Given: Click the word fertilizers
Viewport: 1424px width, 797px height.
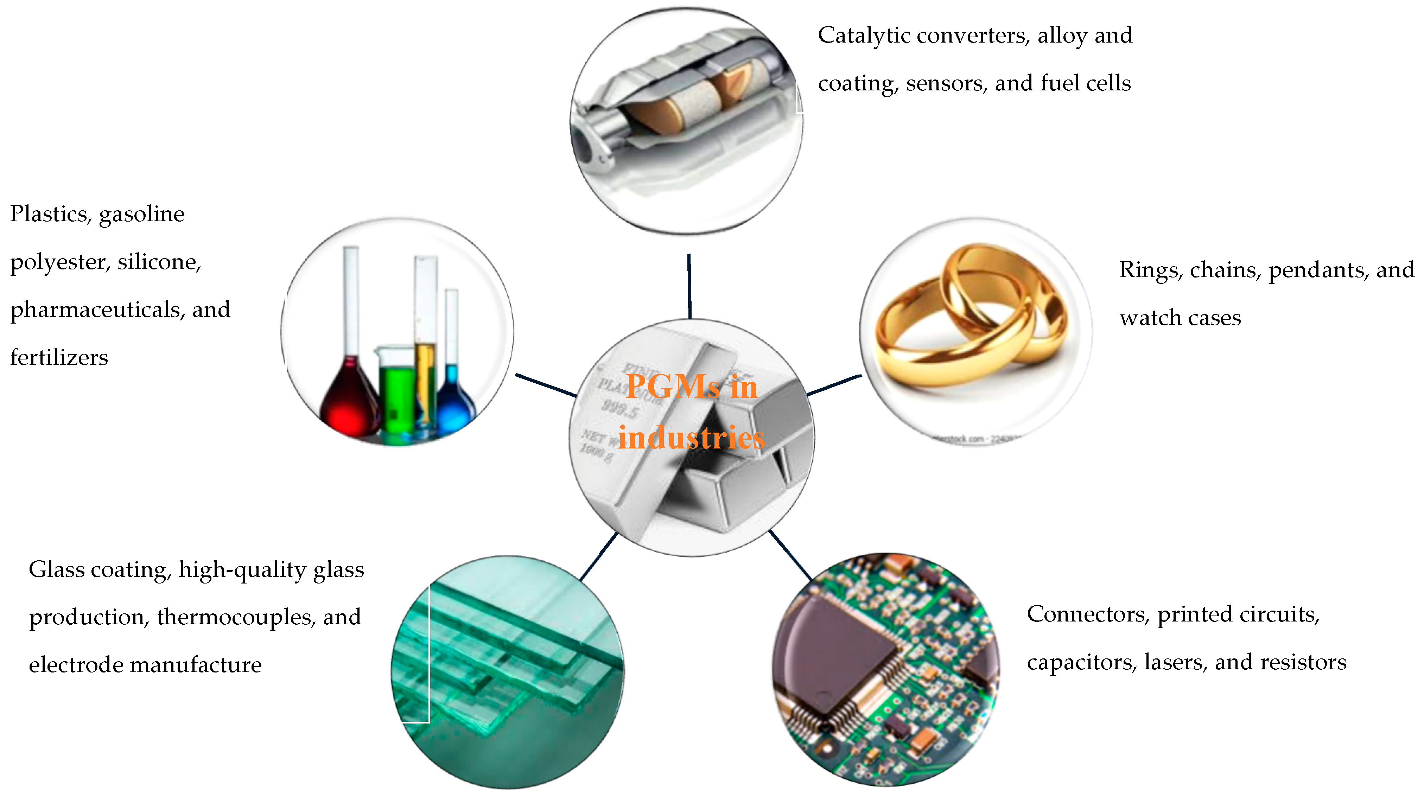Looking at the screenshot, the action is pos(59,358).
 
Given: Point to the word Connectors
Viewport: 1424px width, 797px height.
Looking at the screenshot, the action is pos(1086,614).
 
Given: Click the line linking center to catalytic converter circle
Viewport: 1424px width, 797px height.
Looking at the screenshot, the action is pos(689,286).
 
